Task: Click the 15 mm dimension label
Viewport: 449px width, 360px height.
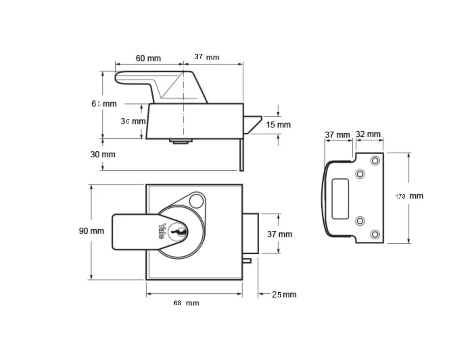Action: [x=278, y=125]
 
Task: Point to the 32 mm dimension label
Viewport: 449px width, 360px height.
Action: [x=368, y=134]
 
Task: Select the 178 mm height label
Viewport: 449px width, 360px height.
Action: [x=409, y=196]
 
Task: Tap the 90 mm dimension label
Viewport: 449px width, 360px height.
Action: [x=91, y=231]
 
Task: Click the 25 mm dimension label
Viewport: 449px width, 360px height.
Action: [x=284, y=294]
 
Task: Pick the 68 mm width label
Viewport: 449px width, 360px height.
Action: [x=186, y=303]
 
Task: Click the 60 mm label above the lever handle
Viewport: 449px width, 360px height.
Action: [x=148, y=58]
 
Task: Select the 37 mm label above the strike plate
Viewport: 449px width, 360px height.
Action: [x=337, y=135]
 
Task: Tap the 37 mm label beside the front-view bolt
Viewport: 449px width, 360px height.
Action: [x=280, y=234]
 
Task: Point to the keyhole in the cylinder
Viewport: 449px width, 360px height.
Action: [x=179, y=231]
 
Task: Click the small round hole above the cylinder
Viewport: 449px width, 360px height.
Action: [x=196, y=201]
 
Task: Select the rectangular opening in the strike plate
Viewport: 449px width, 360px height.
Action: [x=340, y=199]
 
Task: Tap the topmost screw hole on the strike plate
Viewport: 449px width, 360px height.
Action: [x=375, y=161]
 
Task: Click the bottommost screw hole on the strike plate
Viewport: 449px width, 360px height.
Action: [x=375, y=234]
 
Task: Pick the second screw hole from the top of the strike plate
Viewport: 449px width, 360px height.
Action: [x=360, y=174]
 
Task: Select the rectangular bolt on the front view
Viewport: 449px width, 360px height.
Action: [x=251, y=233]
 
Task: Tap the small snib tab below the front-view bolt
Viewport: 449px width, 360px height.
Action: [x=247, y=261]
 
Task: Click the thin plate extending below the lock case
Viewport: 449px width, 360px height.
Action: [x=241, y=155]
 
